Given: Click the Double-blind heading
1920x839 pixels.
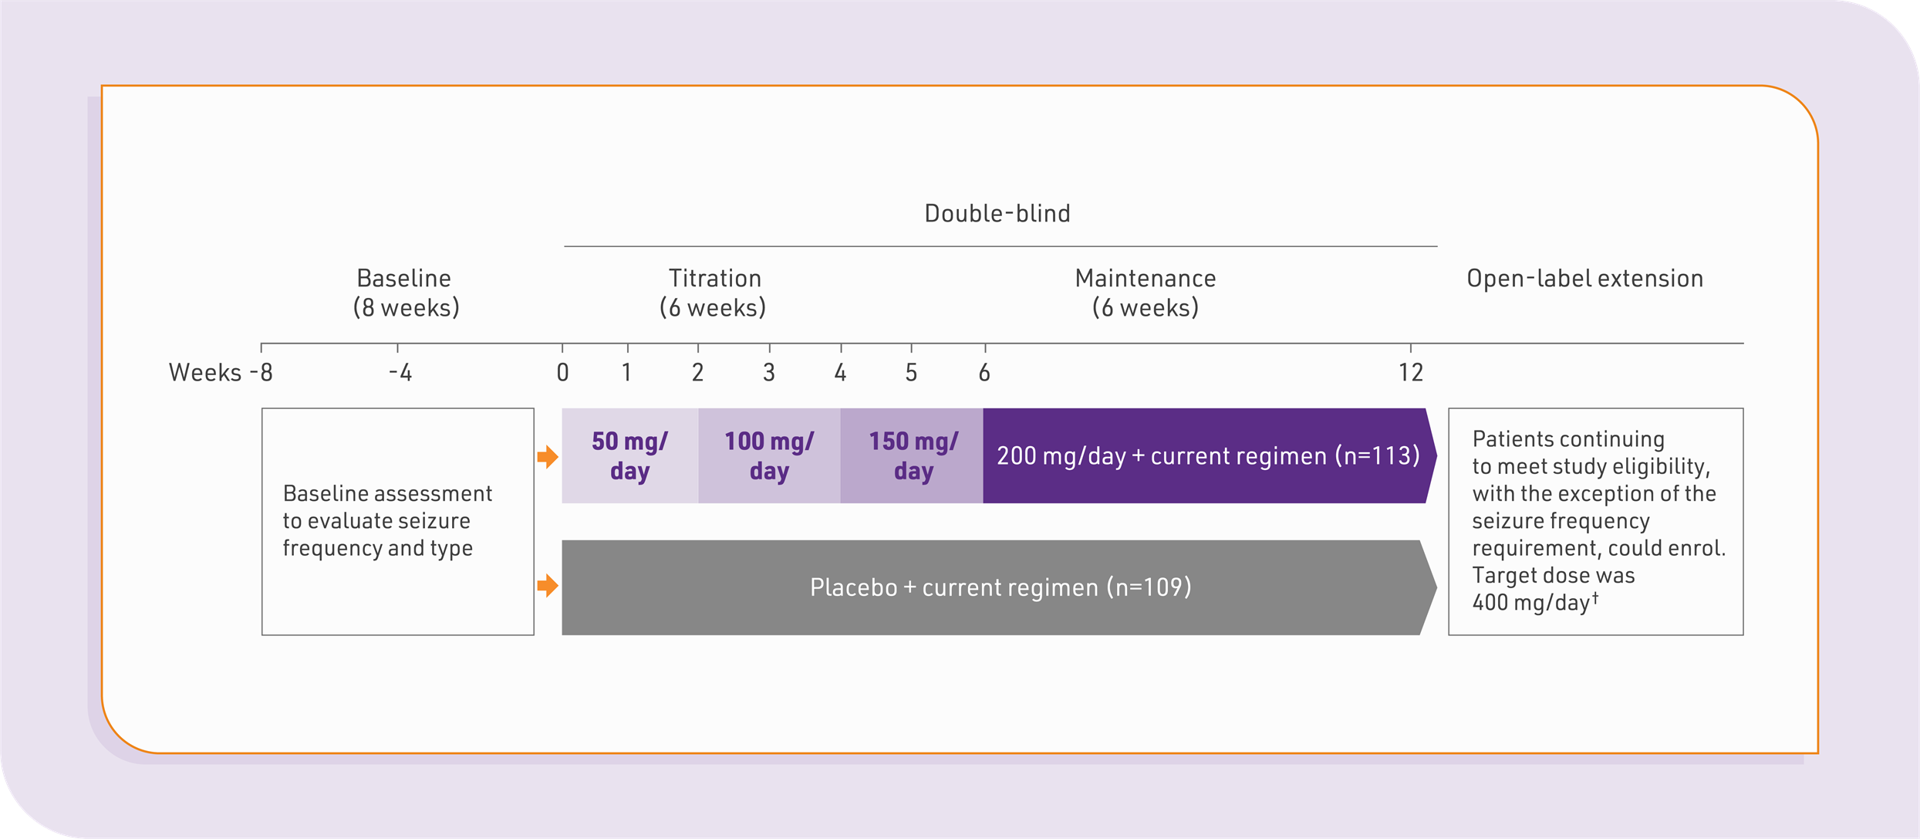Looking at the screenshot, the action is tap(997, 213).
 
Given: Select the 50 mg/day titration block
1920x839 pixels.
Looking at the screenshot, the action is tap(630, 455).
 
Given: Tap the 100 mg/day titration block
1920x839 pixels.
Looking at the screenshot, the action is tap(769, 455).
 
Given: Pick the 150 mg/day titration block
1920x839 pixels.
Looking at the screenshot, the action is tap(912, 455).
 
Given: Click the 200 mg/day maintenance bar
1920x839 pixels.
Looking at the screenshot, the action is tap(1210, 455).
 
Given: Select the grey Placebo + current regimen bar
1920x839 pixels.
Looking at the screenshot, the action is tap(999, 587).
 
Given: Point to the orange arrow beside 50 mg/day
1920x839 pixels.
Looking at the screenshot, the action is tap(548, 457).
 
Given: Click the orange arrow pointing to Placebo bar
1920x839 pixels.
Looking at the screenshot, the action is tap(548, 586).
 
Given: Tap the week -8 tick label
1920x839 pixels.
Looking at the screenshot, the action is tap(262, 373).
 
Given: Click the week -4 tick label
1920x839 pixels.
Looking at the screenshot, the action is tap(400, 373).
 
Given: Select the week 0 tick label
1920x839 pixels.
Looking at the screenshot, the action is tap(563, 373).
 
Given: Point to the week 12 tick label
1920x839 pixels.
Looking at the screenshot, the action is tap(1411, 373).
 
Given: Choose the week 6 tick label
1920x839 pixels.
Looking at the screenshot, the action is tap(984, 373).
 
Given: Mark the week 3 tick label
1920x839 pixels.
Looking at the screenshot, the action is tap(769, 373).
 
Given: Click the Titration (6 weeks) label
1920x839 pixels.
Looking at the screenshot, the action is tap(714, 293).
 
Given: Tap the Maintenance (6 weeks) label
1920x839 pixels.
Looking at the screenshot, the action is tap(1146, 293).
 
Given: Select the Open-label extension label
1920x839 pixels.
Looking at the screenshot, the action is tap(1585, 278).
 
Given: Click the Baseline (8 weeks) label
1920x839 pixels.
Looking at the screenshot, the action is tap(406, 293).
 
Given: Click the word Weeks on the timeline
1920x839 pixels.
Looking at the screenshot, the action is tap(205, 373).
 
